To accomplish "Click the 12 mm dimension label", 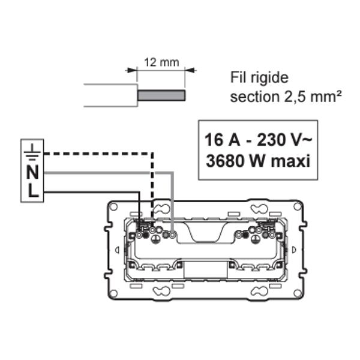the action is coord(161,62).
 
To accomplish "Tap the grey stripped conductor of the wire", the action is coord(161,95).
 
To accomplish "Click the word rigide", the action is coord(269,78).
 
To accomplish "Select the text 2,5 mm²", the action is coord(313,97).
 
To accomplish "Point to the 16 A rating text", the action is coord(222,140).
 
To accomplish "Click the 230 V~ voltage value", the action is coord(284,140).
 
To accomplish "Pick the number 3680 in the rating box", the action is coord(224,161).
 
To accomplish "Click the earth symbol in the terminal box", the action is coord(32,152).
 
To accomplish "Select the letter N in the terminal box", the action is coord(32,172).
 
